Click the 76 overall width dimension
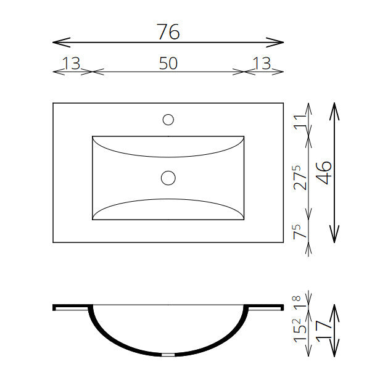[x=169, y=31]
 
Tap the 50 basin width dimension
[x=168, y=64]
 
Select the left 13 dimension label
[x=71, y=64]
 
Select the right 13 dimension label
[x=262, y=64]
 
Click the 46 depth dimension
[x=324, y=172]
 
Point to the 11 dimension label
[x=300, y=122]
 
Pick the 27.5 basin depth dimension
[x=300, y=178]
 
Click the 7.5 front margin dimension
[x=300, y=232]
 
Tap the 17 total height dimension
[x=324, y=331]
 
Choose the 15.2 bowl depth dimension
[x=300, y=330]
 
